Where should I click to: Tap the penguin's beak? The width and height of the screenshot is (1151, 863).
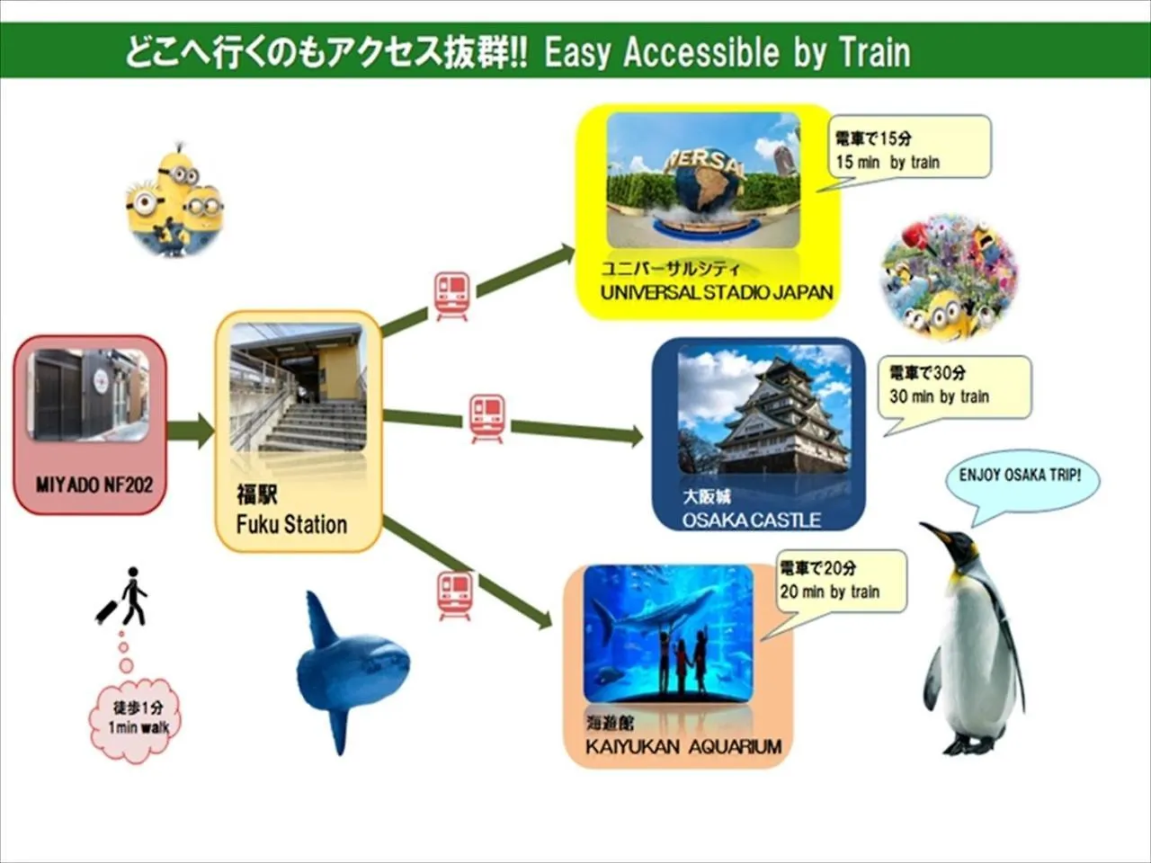[x=934, y=532]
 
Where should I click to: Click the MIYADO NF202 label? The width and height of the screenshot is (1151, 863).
[x=94, y=485]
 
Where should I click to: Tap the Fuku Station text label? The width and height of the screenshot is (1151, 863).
[x=291, y=524]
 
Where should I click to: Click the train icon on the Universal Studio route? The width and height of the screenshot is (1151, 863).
[x=451, y=294]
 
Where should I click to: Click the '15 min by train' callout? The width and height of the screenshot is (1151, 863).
[x=908, y=149]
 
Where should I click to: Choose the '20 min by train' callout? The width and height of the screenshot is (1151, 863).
[x=841, y=581]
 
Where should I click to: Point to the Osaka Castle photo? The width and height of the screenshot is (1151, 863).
[x=763, y=410]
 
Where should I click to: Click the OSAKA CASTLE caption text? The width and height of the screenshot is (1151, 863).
[x=751, y=520]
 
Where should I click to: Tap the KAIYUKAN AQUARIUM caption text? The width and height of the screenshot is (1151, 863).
[x=683, y=746]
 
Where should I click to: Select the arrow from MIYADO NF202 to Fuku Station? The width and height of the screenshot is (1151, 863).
[x=190, y=431]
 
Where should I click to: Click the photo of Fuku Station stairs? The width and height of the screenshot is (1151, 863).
[x=298, y=388]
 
